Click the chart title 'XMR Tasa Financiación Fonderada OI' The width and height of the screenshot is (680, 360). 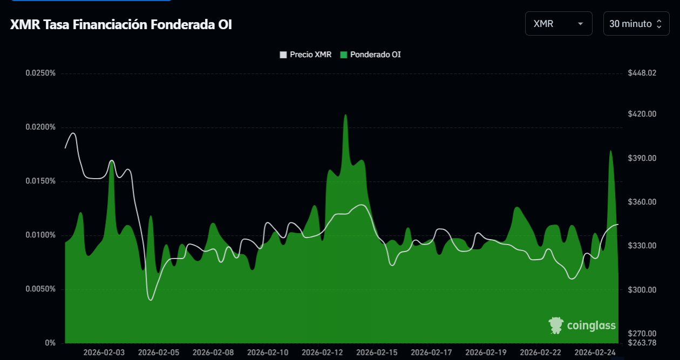(121, 24)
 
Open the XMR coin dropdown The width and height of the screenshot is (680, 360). (558, 24)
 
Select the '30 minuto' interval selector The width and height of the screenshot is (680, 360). (636, 24)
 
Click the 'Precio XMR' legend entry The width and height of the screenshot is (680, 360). (305, 55)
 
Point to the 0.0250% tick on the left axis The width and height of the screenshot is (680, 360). (40, 73)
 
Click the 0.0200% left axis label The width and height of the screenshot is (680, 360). (40, 127)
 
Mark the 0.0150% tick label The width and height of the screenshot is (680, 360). (40, 181)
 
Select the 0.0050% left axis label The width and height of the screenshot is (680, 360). (40, 289)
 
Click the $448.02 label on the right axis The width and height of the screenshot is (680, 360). (642, 73)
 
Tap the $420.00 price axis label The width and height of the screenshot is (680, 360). (642, 114)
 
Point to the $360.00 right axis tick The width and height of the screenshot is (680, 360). (642, 202)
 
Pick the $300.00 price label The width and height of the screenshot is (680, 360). (642, 290)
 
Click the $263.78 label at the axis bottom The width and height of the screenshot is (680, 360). (642, 343)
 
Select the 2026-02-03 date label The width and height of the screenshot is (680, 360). (104, 352)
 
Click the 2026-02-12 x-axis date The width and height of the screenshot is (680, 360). (322, 352)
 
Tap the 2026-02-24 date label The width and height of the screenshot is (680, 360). (595, 352)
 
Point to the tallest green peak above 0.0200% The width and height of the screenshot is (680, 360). (345, 116)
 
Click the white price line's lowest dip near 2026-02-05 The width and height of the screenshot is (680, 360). (151, 300)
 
